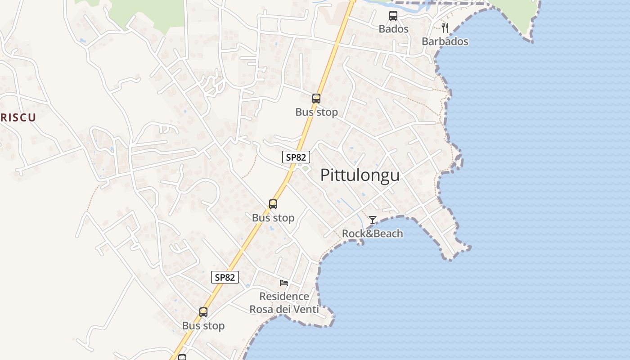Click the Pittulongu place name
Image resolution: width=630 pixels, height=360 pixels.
360,175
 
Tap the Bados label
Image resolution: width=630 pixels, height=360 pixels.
393,29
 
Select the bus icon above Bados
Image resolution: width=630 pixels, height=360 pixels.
393,16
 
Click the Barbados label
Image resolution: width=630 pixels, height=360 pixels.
445,41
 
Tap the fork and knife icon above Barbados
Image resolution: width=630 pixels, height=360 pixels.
445,28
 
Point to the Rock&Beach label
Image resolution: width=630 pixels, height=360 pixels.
372,234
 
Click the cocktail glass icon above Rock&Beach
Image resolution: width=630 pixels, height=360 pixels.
373,220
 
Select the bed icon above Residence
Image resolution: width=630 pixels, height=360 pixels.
284,283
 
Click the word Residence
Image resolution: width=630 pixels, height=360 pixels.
284,297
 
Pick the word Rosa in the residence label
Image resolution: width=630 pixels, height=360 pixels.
261,310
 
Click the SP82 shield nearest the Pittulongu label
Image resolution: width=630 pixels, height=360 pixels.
296,157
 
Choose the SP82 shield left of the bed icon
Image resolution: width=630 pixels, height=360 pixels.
225,277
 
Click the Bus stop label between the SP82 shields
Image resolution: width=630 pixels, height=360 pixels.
273,218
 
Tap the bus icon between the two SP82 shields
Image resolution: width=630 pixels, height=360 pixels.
273,204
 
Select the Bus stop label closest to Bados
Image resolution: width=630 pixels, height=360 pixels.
316,112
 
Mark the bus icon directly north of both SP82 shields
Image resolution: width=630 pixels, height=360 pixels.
316,99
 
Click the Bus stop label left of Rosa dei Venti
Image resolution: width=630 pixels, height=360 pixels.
203,325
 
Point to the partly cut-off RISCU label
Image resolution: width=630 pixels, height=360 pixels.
18,118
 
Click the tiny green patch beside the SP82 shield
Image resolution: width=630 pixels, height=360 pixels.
305,169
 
